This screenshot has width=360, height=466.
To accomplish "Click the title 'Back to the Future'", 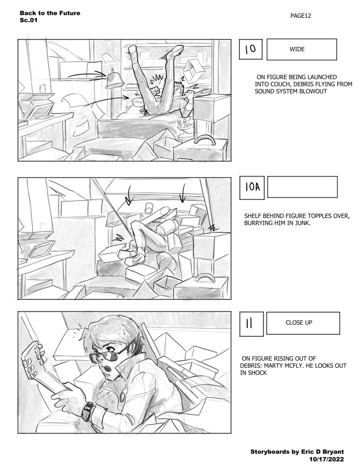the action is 50,13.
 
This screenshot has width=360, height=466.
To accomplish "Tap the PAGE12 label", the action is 300,16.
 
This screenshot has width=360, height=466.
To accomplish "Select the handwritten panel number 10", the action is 251,49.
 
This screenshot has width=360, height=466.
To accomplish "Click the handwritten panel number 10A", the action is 253,187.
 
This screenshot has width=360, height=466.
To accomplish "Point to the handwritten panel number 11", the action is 249,324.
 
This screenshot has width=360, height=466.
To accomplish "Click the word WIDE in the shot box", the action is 297,49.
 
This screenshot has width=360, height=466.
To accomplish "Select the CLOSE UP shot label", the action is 299,323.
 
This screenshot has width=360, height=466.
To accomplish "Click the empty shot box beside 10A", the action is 302,187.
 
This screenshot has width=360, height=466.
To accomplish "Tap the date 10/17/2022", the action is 326,459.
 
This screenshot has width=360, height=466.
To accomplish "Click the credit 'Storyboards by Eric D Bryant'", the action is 297,452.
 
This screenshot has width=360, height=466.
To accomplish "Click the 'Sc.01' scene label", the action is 29,20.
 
